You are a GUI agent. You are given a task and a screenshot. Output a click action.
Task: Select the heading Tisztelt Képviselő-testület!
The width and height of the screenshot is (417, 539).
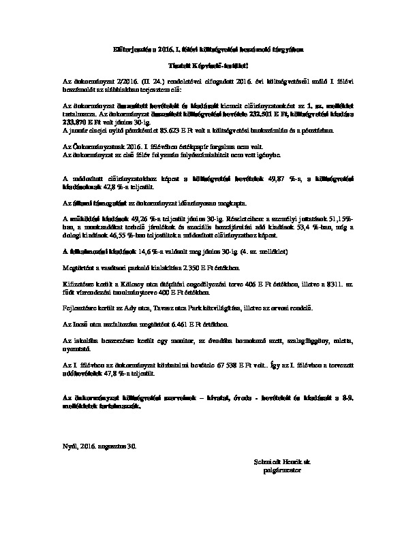pyautogui.click(x=207, y=66)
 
